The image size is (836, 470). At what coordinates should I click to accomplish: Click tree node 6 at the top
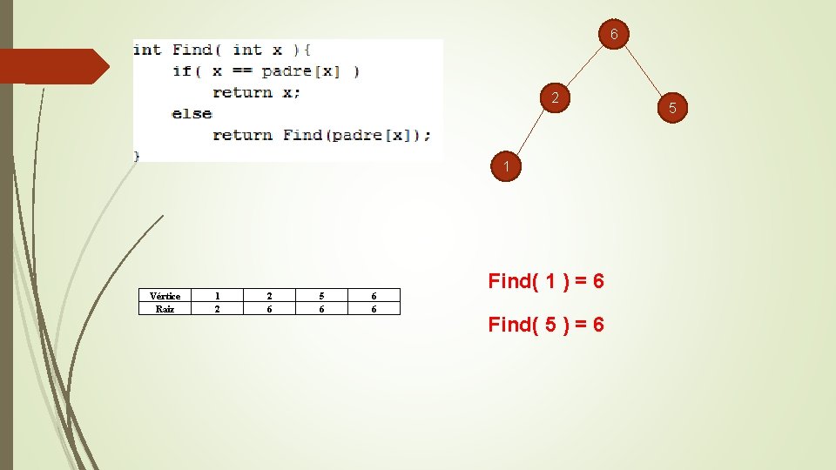click(614, 35)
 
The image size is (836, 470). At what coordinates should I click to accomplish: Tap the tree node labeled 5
click(672, 108)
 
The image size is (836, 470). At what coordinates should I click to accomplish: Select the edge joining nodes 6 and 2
click(585, 66)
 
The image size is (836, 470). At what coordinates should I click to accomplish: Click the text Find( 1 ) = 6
click(546, 281)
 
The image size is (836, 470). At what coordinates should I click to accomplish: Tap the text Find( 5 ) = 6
click(546, 325)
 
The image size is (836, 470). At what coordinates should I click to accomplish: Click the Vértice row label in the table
click(165, 296)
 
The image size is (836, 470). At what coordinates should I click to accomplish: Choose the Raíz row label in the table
click(165, 308)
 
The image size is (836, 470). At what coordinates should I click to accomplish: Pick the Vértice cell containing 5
click(321, 296)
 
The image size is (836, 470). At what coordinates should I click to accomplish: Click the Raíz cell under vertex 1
click(217, 308)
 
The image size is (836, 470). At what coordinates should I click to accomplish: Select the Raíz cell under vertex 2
click(269, 308)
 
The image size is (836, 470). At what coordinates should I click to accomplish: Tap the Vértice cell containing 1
click(217, 296)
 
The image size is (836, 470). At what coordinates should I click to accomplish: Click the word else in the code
click(192, 113)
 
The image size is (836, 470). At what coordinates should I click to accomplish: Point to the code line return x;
click(256, 92)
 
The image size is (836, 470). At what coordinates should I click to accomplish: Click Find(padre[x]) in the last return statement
click(356, 135)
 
